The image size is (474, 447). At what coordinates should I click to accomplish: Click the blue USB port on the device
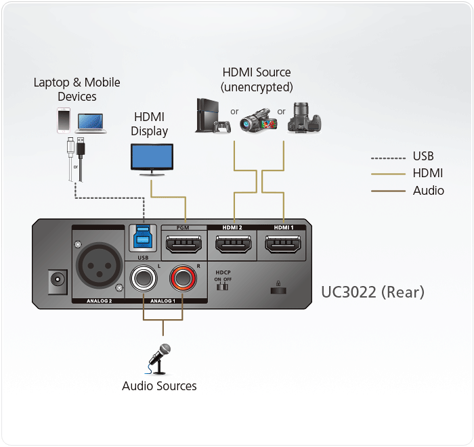[143, 239]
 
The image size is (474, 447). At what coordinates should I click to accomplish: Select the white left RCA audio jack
[144, 278]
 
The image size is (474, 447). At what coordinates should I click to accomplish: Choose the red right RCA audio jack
[182, 278]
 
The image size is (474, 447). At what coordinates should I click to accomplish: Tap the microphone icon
[160, 358]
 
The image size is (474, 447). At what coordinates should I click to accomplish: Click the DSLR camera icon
[304, 116]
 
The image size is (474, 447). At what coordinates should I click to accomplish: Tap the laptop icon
[90, 121]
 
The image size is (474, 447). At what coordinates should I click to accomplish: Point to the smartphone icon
[64, 120]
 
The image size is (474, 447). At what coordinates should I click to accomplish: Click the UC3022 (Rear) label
[372, 292]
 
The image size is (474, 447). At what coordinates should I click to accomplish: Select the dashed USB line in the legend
[387, 158]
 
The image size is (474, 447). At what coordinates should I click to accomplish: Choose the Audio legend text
[429, 191]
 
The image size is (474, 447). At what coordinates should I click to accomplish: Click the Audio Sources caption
[159, 386]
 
